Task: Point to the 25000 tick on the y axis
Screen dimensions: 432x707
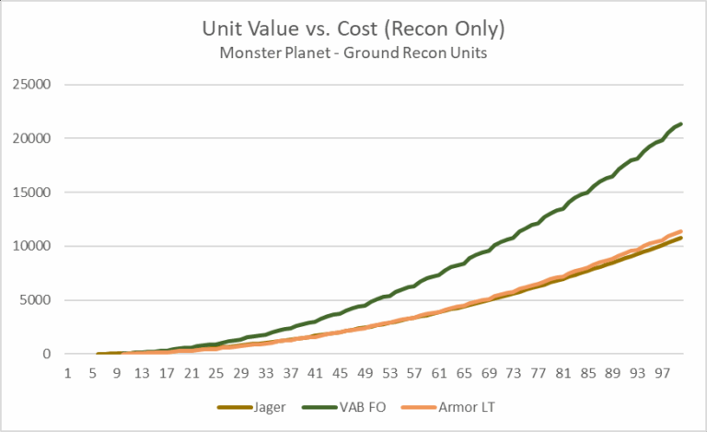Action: coord(34,85)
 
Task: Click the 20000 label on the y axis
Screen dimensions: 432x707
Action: coord(34,138)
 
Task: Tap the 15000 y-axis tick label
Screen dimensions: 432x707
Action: coord(34,193)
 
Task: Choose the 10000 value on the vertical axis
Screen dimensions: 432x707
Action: coord(34,246)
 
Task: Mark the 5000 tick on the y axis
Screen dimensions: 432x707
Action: coord(38,300)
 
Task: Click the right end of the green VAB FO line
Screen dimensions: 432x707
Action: coord(681,123)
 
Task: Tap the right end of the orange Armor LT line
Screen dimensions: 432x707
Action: coord(681,231)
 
